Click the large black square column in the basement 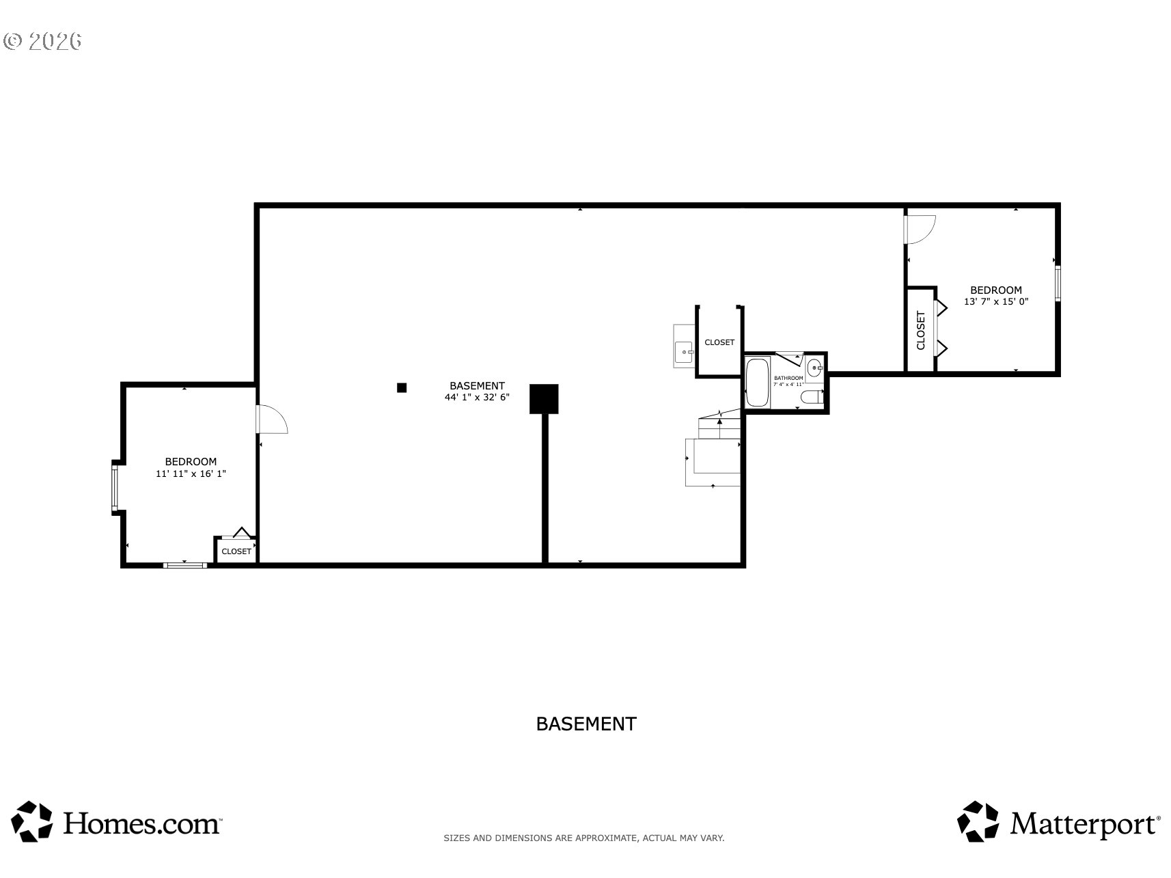point(544,399)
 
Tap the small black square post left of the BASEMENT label point(402,387)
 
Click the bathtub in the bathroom point(757,383)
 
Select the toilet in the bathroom point(812,398)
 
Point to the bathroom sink point(814,369)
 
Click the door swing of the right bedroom point(918,230)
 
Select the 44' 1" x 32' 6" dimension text point(477,397)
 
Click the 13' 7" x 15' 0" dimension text point(996,301)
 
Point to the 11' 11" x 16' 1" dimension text point(191,473)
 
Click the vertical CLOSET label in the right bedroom point(920,330)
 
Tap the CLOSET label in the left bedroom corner point(236,551)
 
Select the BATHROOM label point(788,378)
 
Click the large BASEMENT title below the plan point(585,724)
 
